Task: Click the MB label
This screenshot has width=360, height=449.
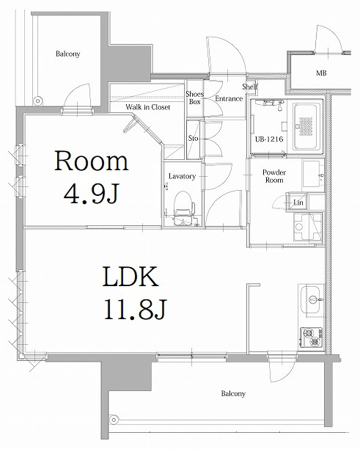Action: (x=322, y=73)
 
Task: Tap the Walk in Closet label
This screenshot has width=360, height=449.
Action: (x=147, y=106)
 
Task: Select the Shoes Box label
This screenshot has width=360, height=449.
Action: (x=194, y=98)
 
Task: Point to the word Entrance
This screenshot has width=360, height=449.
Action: (x=229, y=99)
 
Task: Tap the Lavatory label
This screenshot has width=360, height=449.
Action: (x=181, y=177)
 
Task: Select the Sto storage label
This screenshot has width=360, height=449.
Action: (x=194, y=138)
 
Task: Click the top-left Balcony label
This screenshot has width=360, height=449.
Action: (x=67, y=54)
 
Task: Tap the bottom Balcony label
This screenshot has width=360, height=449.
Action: (x=233, y=394)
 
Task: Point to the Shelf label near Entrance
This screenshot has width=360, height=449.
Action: (x=249, y=87)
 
